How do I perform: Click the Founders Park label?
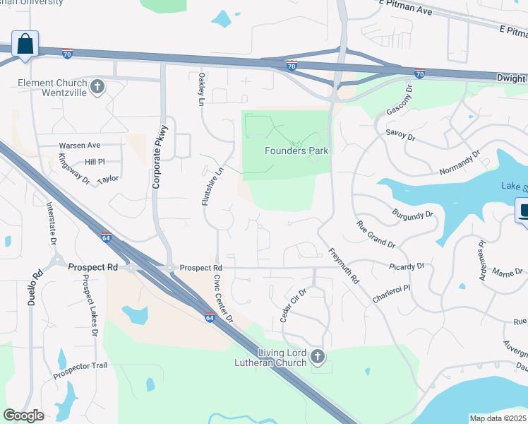296,151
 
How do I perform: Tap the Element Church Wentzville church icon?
98,88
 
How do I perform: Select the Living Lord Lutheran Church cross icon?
318,358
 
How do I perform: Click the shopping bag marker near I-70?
25,44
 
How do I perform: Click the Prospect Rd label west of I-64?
92,268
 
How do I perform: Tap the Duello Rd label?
37,287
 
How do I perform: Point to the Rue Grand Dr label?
376,234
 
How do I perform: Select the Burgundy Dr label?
414,212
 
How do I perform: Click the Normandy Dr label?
459,164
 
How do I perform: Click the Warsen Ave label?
79,146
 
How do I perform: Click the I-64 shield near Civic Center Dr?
210,317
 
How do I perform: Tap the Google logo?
24,416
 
